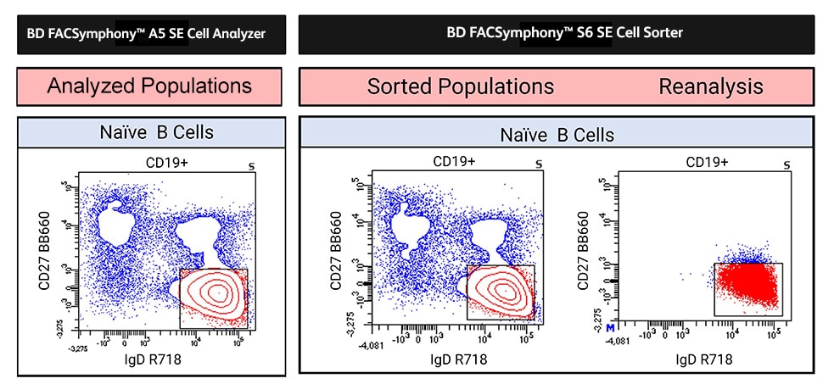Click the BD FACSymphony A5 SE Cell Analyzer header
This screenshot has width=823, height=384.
(149, 34)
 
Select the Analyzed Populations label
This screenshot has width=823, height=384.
(149, 86)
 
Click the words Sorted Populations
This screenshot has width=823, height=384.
(460, 86)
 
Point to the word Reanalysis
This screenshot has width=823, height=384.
(710, 86)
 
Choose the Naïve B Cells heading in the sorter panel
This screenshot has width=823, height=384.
(557, 135)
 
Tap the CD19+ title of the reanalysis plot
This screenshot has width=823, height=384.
(707, 161)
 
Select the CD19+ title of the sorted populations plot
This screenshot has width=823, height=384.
(454, 161)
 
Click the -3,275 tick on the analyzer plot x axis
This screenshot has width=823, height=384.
(78, 348)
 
